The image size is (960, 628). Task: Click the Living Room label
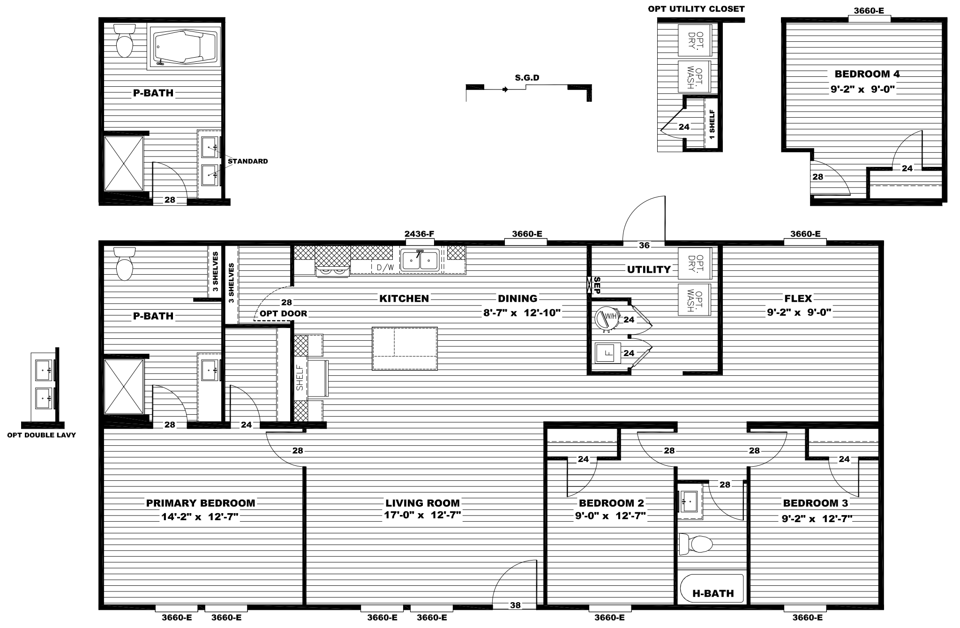coord(422,503)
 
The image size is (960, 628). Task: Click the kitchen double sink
coord(420,259)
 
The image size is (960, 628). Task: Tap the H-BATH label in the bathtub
coord(713,593)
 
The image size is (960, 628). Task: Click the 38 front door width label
coord(515,605)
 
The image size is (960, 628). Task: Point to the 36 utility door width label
coord(645,245)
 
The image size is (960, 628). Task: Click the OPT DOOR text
coord(284,314)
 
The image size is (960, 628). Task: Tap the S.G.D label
coord(527,78)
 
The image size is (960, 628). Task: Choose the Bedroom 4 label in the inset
coord(867,74)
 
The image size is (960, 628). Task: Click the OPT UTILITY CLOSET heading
coord(696,9)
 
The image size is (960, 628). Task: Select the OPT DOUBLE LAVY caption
coord(41,435)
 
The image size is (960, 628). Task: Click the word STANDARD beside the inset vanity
coord(247,161)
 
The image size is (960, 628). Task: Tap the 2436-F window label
coord(420,233)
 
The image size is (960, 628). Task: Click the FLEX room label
coord(798,299)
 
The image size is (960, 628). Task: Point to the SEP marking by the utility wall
coord(597,285)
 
